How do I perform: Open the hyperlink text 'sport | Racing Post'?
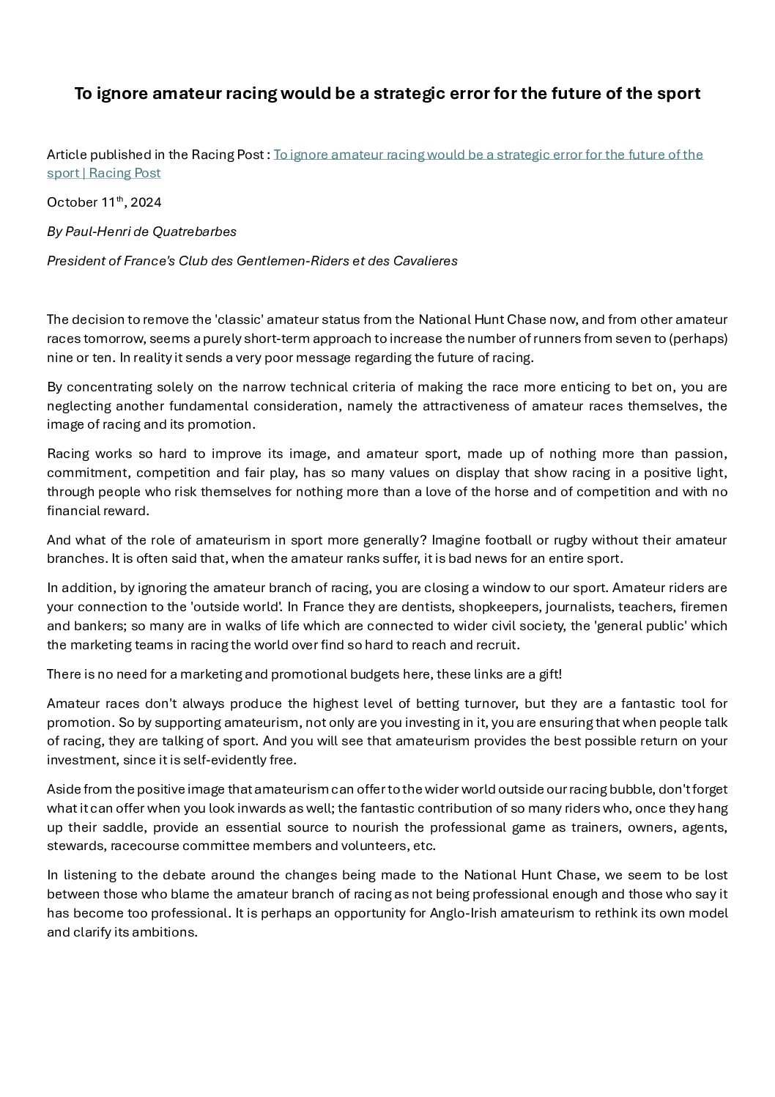(103, 174)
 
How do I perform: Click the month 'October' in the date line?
(72, 202)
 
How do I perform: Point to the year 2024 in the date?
(147, 202)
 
